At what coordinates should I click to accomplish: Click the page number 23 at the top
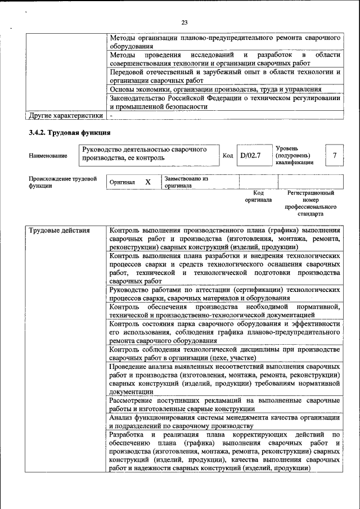184,22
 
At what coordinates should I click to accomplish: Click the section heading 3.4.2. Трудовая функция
69,133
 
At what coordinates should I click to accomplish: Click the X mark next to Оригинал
148,182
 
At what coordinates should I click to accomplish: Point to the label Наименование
47,156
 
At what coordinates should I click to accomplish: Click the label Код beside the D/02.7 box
228,156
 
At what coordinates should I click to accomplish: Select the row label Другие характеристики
66,116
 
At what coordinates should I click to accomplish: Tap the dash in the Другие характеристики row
111,116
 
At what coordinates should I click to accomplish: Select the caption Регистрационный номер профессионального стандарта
310,203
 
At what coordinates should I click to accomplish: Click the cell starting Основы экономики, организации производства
215,89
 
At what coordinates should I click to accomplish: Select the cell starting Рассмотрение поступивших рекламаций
224,404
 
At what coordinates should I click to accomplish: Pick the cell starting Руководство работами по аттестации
224,294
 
